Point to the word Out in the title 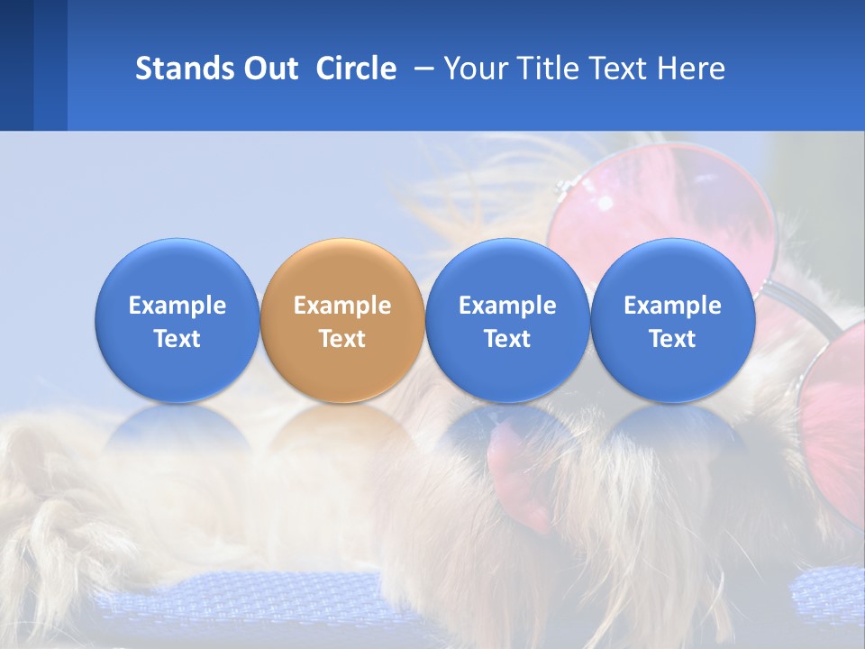270,69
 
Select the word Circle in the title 356,69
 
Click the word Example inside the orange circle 341,306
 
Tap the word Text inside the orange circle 341,339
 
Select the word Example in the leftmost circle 177,306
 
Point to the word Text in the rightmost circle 672,339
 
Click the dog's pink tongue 518,469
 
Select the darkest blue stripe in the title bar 16,65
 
